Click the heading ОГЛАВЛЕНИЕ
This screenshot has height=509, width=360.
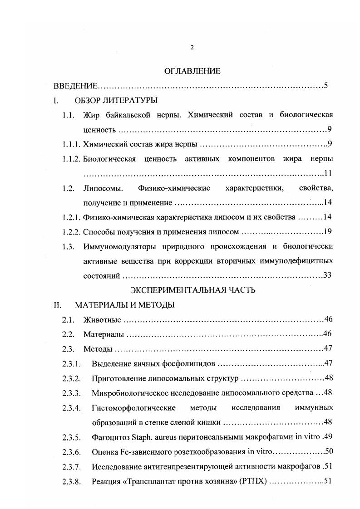tap(192, 71)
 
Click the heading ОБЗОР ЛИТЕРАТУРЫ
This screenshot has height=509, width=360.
tap(116, 101)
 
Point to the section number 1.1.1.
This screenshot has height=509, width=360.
tap(71, 145)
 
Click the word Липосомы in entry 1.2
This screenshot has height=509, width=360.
tap(100, 188)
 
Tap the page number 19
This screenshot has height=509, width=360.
tap(329, 232)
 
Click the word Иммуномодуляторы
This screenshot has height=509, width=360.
tap(119, 247)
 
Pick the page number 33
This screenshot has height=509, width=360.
tap(328, 275)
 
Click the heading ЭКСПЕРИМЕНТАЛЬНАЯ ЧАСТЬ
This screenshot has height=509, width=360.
tap(192, 290)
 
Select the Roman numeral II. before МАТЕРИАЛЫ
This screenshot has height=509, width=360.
tap(58, 305)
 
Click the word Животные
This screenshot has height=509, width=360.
tap(102, 320)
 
